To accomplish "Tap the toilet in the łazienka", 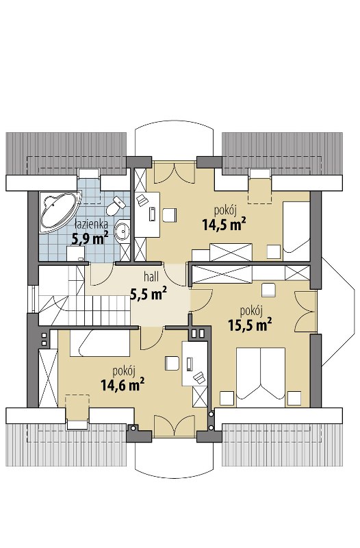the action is (x=115, y=206).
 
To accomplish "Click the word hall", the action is (x=151, y=277).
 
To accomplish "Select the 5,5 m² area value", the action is (x=148, y=294).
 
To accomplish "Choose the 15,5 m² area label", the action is (x=250, y=325).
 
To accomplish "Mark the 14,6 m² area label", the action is (x=123, y=385).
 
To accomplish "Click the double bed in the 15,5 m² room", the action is (x=261, y=377).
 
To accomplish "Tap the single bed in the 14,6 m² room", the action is (x=99, y=343).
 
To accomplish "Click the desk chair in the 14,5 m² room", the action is (x=170, y=215).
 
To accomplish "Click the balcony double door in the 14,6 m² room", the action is (x=175, y=425).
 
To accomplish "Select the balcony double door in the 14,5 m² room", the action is (x=175, y=173).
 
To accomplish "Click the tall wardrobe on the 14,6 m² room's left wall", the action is (x=48, y=378).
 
